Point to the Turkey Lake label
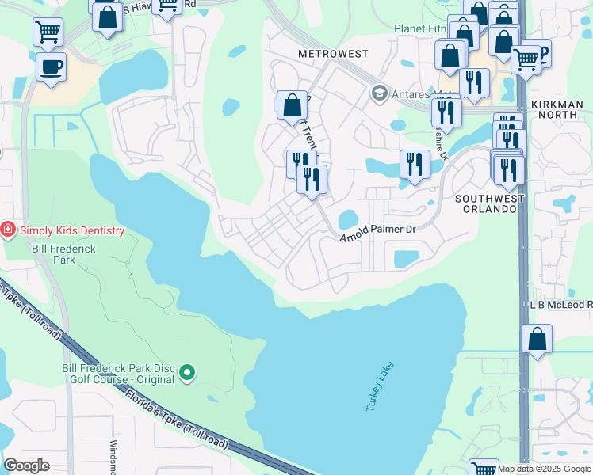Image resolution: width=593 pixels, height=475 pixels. click(380, 386)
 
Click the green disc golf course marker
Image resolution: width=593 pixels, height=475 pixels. click(187, 371)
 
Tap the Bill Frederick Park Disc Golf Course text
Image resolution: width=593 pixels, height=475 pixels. click(118, 374)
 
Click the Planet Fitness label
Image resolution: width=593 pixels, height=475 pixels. click(420, 28)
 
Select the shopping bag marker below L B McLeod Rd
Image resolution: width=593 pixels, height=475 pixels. click(537, 339)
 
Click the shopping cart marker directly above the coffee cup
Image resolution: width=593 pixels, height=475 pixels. click(48, 32)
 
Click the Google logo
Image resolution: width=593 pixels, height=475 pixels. click(26, 465)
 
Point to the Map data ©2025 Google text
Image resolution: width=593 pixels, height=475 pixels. click(544, 469)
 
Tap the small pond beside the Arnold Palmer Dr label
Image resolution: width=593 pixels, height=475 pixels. click(348, 219)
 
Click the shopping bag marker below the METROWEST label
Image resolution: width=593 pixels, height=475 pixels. click(292, 104)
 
